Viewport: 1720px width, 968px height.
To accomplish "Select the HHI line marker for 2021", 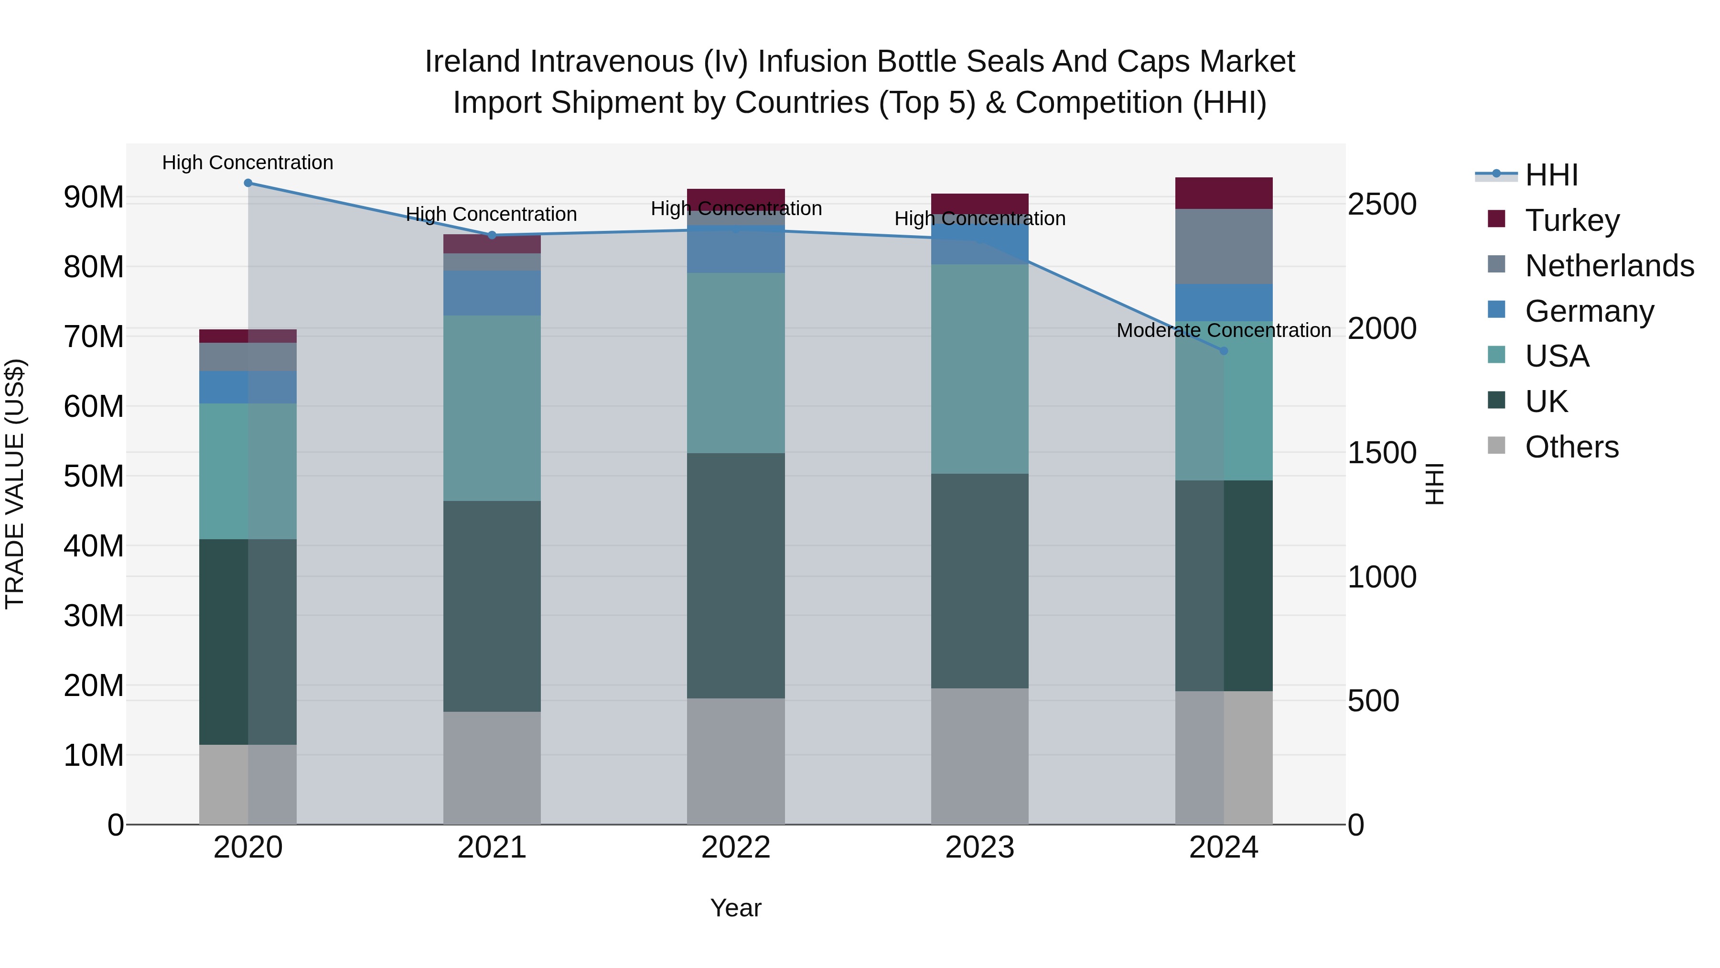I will pos(492,235).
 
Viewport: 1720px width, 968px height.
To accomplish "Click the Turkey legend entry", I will pos(1572,220).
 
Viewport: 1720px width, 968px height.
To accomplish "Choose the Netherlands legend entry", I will pos(1609,266).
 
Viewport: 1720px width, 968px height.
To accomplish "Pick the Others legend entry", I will pos(1572,447).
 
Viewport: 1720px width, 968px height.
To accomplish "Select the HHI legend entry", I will pos(1551,175).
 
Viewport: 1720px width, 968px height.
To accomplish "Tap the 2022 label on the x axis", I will pos(736,848).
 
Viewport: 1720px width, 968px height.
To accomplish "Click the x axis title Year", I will pos(736,908).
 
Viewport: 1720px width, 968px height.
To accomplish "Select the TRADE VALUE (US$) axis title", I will pos(15,484).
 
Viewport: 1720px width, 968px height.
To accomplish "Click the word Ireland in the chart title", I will pos(473,62).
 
